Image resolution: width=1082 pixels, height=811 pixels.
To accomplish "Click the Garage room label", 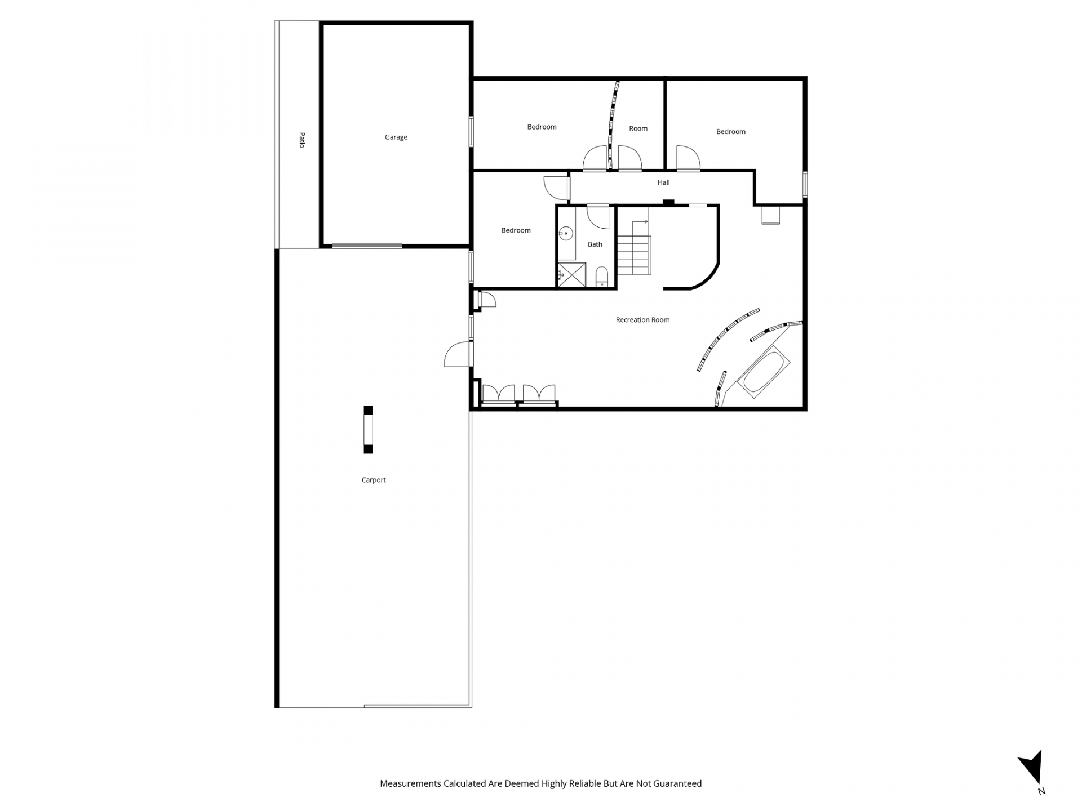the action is tap(396, 137).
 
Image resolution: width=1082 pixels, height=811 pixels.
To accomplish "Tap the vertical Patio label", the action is tap(302, 140).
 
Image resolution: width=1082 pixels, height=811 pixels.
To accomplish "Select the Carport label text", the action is tap(374, 480).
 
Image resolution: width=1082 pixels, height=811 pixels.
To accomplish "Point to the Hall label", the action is tap(663, 182).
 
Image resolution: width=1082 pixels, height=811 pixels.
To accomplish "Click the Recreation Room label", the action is tap(642, 320).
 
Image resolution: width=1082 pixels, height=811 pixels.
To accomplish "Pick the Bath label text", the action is tap(595, 244).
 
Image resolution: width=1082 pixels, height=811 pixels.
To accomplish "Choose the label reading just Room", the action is tap(638, 128).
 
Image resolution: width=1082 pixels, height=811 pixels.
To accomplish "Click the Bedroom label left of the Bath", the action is tap(516, 230).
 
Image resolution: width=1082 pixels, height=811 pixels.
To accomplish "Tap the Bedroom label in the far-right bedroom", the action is tap(730, 132).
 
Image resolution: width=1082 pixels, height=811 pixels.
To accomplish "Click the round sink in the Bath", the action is tap(566, 233).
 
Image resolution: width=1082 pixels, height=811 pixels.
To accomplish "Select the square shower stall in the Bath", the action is tap(571, 275).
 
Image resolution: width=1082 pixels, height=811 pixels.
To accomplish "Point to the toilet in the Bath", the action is tap(601, 276).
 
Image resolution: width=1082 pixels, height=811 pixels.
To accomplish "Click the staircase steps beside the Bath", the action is tap(634, 255).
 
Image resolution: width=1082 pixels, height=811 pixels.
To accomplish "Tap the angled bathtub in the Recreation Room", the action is tap(764, 372).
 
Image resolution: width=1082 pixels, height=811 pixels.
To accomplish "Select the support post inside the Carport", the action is tap(368, 429).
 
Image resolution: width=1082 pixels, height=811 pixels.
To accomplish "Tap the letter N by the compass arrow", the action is tap(1041, 791).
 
